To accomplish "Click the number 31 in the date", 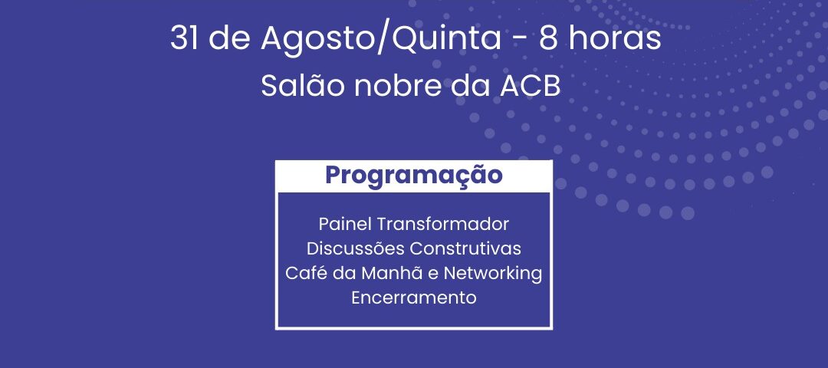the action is coord(186,38).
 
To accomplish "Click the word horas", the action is coord(616,38).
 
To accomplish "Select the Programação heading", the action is coord(413,176).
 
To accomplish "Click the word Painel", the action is coord(345,224).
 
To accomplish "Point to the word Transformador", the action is coord(442,224).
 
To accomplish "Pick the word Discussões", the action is coord(356,248).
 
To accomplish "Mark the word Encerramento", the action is coord(414,297).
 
